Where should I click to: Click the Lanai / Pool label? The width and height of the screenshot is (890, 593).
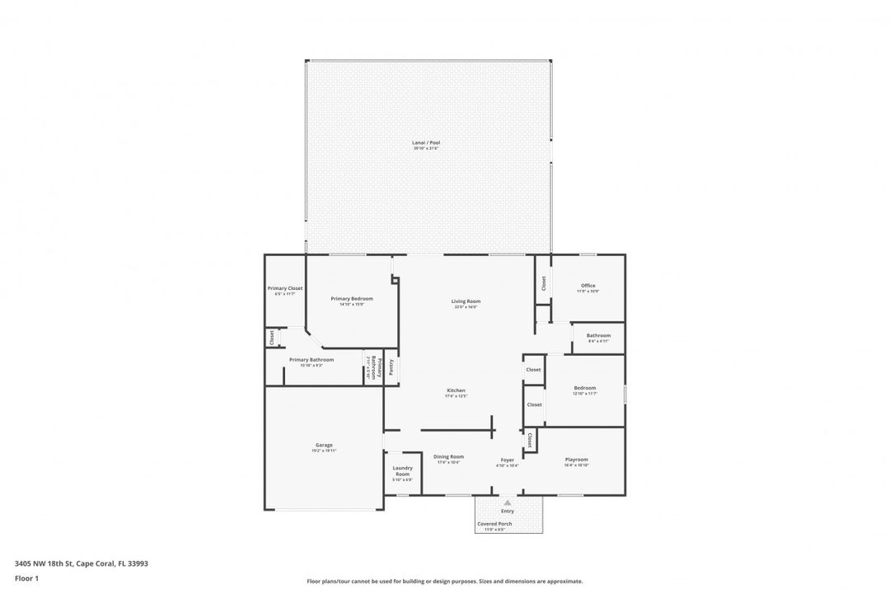[x=426, y=142]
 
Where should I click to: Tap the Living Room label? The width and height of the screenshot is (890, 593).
[x=466, y=301]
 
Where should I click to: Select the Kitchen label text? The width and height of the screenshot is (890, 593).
[x=456, y=390]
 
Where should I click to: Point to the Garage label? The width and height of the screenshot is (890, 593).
[x=323, y=446]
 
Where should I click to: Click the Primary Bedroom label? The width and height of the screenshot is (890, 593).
[x=352, y=298]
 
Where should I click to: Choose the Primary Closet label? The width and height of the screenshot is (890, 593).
[x=285, y=288]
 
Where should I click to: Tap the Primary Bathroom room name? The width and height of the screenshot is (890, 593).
[x=311, y=359]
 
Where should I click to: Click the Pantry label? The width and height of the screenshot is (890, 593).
[x=391, y=367]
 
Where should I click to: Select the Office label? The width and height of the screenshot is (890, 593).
[x=588, y=286]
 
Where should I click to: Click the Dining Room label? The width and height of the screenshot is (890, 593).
[x=448, y=456]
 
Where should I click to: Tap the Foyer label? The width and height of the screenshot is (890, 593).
[x=507, y=460]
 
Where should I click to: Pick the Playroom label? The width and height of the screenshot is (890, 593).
[x=576, y=460]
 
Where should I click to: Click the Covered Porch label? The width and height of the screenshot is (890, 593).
[x=494, y=524]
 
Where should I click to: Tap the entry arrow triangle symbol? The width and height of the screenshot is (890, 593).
[x=508, y=502]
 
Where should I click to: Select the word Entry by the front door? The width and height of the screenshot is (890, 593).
[x=508, y=511]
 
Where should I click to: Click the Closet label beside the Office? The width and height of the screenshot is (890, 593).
[x=544, y=282]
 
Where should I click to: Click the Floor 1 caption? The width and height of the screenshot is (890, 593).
[x=26, y=578]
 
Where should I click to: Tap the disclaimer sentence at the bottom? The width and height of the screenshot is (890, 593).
[x=444, y=581]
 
